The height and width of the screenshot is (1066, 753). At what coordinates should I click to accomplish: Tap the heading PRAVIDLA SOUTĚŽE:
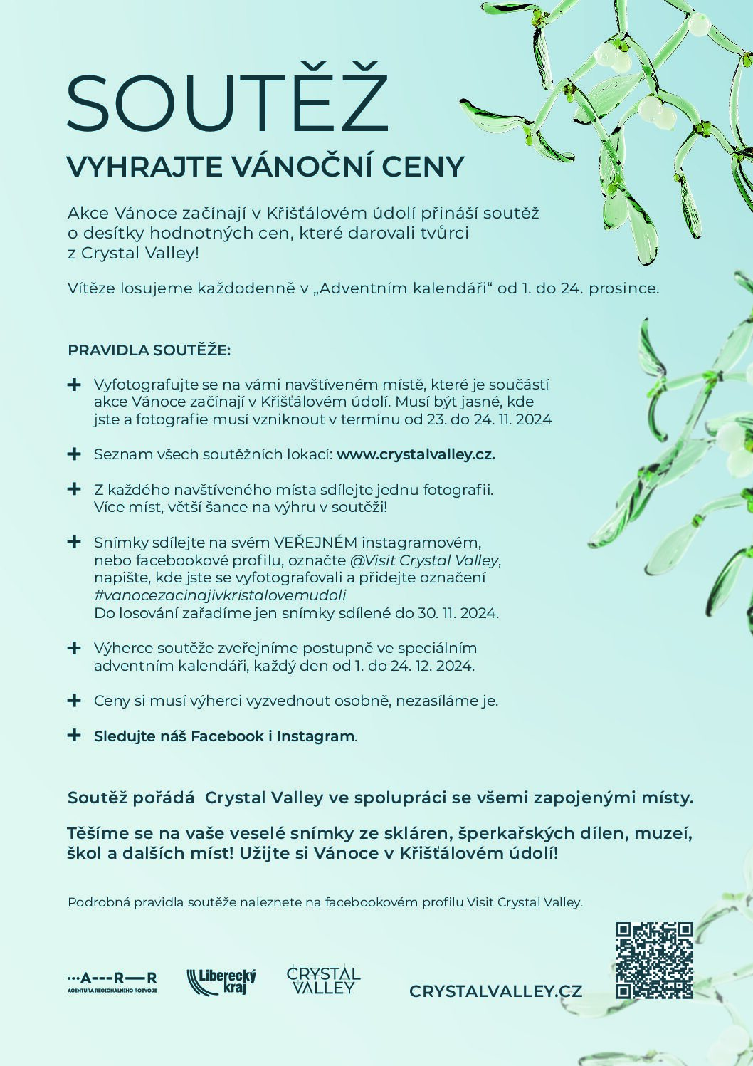pos(149,350)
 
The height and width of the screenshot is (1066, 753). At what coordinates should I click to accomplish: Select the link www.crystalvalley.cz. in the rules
pos(416,454)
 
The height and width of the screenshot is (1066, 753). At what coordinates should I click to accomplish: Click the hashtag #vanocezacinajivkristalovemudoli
pos(220,595)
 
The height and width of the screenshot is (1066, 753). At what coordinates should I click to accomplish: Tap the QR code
pos(654,960)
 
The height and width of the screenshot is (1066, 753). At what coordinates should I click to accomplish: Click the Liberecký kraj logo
pos(221,981)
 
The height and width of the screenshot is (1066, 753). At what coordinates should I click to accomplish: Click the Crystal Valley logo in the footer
pos(323,980)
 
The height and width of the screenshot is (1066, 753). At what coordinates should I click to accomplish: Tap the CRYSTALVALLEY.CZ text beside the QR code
pos(496,991)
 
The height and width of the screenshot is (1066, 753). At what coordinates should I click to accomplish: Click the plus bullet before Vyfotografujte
pos(73,385)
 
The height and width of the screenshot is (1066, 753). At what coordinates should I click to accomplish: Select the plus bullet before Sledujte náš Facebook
pos(73,736)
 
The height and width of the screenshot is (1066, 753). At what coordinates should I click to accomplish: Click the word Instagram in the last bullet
pos(315,736)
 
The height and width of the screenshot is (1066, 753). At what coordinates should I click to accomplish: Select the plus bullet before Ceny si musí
pos(73,701)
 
